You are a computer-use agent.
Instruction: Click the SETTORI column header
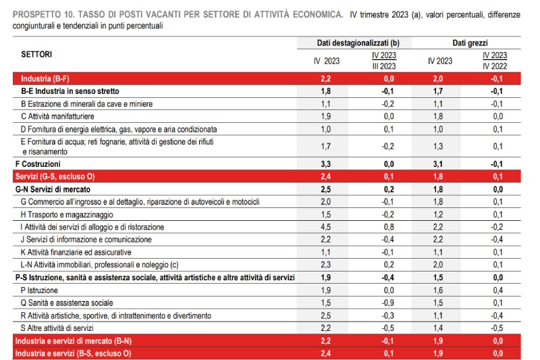[36, 54]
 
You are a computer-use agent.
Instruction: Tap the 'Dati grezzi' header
[470, 43]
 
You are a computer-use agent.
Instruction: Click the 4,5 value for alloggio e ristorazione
[326, 227]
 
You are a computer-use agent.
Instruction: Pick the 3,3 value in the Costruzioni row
[326, 164]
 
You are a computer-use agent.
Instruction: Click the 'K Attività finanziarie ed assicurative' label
[88, 252]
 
